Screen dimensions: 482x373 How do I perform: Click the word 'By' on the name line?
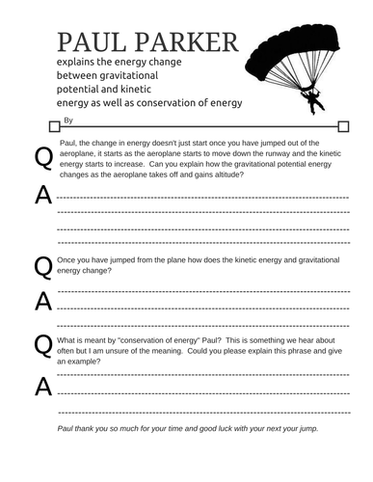pos(68,120)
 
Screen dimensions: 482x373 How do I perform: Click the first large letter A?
pos(42,195)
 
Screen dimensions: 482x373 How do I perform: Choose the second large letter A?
pos(42,300)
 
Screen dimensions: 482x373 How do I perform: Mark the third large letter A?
pos(42,387)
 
